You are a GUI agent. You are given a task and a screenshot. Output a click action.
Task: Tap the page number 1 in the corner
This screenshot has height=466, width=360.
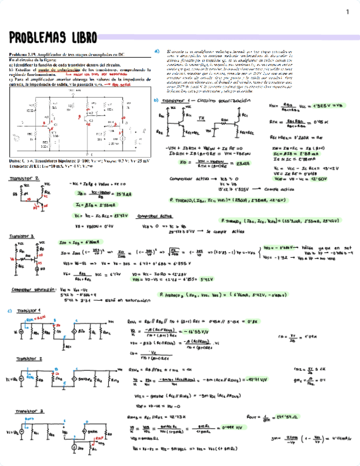click(347, 12)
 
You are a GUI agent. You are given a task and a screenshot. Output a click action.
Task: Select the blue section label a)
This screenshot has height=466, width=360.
click(157, 51)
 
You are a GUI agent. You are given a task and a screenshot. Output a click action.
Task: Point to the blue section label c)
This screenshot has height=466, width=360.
click(10, 311)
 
